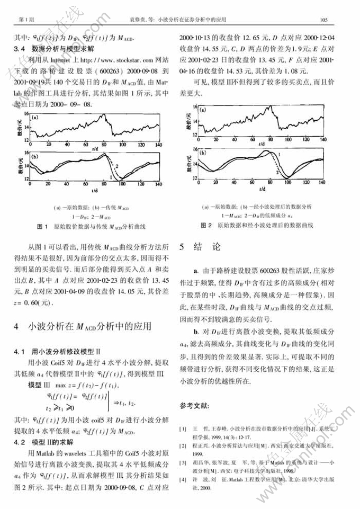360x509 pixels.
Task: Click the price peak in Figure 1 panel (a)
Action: coord(105,114)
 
